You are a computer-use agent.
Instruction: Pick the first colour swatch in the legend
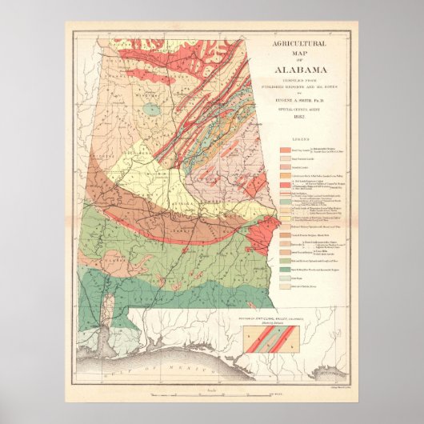(285, 150)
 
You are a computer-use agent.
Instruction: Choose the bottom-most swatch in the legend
(285, 285)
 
